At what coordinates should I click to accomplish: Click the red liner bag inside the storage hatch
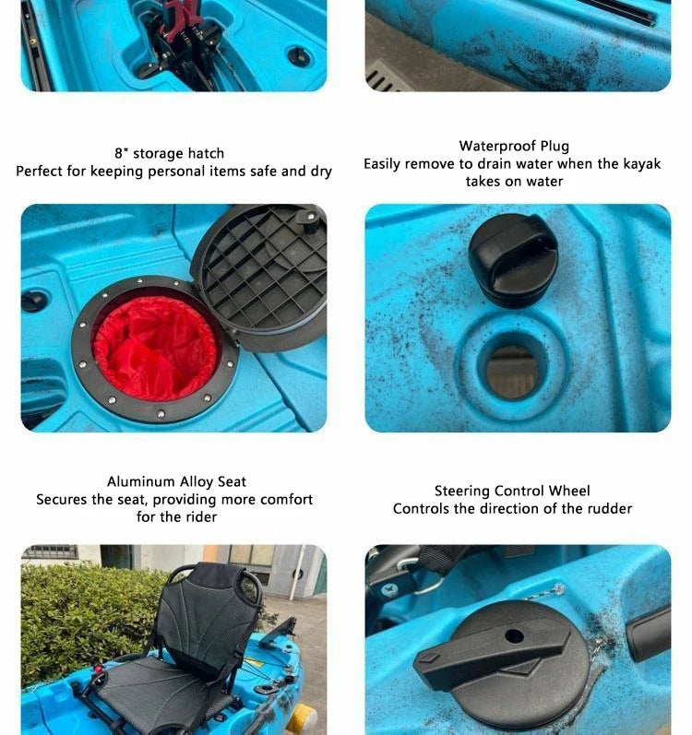[x=155, y=348]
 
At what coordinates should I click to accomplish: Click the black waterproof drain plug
[x=513, y=260]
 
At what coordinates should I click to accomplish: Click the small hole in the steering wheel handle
[x=514, y=636]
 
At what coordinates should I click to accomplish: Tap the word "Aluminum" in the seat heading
[x=141, y=482]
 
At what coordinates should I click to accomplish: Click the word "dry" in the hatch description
[x=321, y=172]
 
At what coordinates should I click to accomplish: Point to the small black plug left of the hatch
[x=34, y=301]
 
